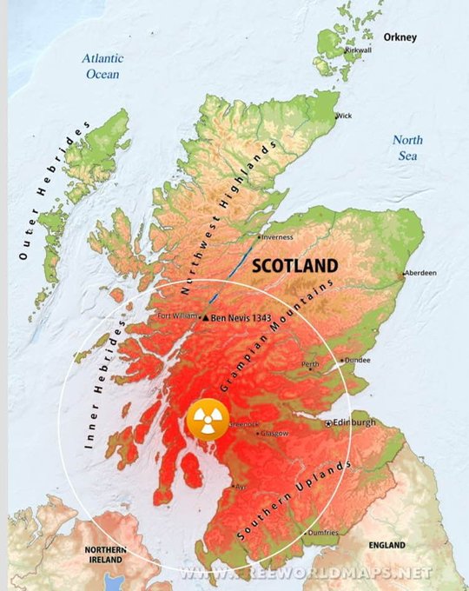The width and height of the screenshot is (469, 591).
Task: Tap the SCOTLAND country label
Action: [x=294, y=266]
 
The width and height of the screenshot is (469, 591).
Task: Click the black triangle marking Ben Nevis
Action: [x=205, y=319]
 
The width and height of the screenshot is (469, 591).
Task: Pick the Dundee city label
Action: [x=358, y=358]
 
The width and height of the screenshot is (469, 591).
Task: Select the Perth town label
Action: [x=310, y=363]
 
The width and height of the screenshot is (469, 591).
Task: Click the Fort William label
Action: [x=177, y=316]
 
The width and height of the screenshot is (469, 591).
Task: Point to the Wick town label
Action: [x=345, y=116]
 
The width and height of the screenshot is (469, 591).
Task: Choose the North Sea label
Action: [x=407, y=148]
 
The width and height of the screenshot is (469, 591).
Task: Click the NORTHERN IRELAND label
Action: [x=105, y=555]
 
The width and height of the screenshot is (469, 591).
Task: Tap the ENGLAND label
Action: [x=386, y=545]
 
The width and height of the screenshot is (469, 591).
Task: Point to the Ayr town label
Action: [x=241, y=487]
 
